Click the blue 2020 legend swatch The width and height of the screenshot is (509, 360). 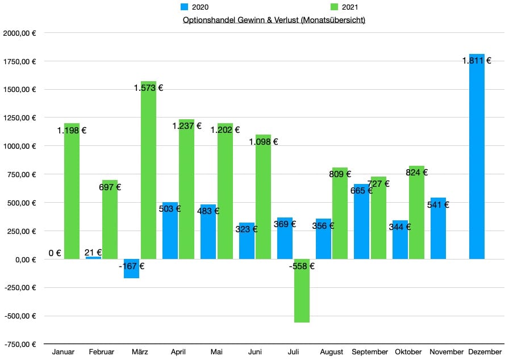pos(185,7)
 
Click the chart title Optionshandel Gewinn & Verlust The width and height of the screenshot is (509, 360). pos(274,20)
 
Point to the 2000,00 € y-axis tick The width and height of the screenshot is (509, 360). pos(20,33)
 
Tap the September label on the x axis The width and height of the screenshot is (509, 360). pos(370,352)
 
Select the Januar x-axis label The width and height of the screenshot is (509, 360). pos(63,352)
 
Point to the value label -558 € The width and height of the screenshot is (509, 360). pos(302,266)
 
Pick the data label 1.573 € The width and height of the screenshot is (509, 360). pos(148,87)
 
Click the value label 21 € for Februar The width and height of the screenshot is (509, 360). pos(93,253)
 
